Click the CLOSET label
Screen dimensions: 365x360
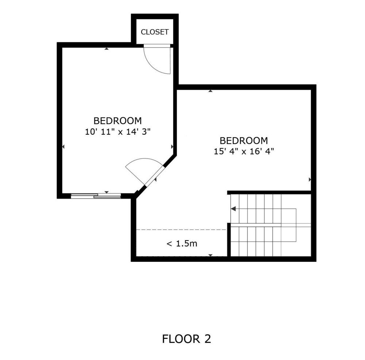coord(154,32)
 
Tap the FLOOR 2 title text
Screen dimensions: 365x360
coord(187,339)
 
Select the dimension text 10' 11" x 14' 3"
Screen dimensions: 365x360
coord(118,132)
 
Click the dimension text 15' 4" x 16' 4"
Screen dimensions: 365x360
coord(244,152)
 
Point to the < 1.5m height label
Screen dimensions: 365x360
coord(182,244)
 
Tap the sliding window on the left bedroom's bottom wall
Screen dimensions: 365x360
coord(96,196)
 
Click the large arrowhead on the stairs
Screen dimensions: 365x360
coord(233,209)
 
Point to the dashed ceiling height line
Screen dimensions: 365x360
coord(181,230)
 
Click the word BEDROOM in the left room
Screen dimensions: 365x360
coord(118,121)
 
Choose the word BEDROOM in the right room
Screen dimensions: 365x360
coord(244,141)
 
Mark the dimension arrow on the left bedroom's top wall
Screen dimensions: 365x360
coord(106,49)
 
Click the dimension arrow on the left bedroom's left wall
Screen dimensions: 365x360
coord(63,146)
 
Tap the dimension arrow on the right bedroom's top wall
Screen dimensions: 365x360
coord(211,91)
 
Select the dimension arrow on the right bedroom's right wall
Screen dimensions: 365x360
coord(310,180)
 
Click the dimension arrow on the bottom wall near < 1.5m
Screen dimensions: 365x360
coord(211,255)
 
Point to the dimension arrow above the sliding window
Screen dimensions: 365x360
coord(107,192)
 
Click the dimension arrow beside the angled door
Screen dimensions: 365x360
coord(155,180)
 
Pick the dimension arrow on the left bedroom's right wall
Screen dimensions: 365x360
coord(172,146)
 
